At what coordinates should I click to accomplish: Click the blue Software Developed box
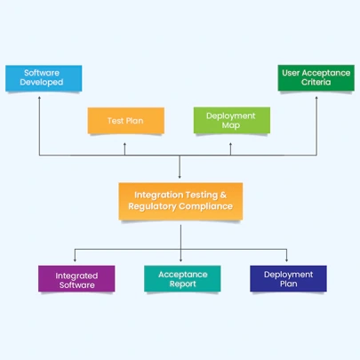pos(43,77)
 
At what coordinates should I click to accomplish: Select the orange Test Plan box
pos(125,120)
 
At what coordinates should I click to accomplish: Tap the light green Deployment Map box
pos(231,120)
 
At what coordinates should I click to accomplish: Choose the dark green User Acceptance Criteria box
pos(316,77)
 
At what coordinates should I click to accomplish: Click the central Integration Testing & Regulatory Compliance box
pos(180,200)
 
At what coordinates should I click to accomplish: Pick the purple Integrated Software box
pos(76,280)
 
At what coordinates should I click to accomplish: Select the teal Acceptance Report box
pos(182,279)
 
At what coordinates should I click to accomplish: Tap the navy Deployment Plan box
pos(288,279)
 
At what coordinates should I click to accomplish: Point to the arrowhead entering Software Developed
pos(39,96)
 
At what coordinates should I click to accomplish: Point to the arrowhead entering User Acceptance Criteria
pos(316,96)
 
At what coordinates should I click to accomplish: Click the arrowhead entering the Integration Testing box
pos(180,176)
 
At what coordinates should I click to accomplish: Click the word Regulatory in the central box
pos(153,206)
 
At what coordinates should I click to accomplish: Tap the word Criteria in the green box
pos(316,83)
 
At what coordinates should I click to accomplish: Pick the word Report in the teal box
pos(182,284)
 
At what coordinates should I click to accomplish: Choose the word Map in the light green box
pos(231,125)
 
